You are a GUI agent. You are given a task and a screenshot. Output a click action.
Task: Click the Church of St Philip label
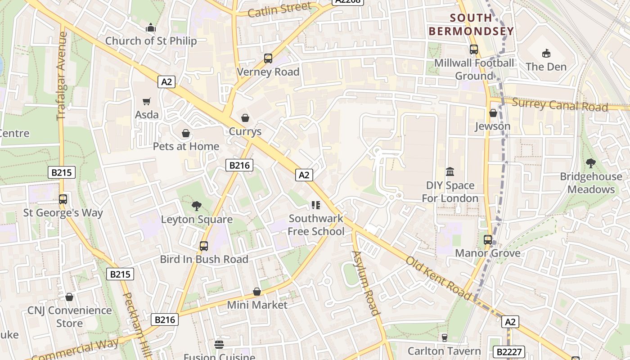click(151, 41)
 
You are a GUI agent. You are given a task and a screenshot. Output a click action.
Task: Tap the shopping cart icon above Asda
click(147, 102)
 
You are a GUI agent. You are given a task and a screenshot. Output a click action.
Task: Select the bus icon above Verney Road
click(268, 58)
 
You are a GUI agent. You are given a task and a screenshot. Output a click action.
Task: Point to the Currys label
click(245, 131)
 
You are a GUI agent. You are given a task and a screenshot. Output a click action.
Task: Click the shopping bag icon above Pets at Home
click(185, 134)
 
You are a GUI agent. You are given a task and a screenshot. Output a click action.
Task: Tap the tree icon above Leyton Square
click(196, 206)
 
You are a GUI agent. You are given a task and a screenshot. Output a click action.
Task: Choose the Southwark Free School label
click(316, 225)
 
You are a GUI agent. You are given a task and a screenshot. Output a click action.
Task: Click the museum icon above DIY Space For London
click(450, 172)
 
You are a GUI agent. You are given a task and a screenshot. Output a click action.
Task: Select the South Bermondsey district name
click(471, 25)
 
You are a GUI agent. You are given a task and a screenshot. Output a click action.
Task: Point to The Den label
click(546, 67)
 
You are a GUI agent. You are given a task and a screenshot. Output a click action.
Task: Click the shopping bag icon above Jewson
click(493, 113)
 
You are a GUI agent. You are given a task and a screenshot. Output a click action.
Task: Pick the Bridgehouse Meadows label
click(591, 183)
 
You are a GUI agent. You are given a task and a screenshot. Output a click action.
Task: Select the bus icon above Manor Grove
click(488, 240)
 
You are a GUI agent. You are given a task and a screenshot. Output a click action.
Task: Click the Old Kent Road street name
click(439, 278)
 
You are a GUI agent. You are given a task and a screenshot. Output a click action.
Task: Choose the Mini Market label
click(257, 305)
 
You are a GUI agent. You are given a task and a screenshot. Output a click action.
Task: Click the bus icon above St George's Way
click(63, 199)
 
